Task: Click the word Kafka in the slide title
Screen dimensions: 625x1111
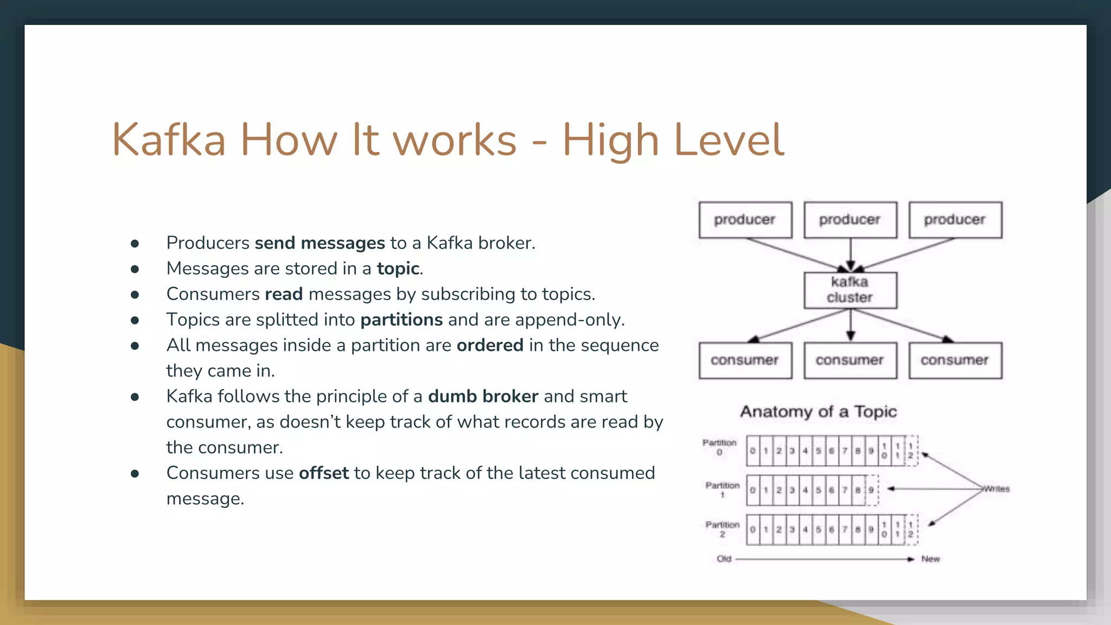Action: pyautogui.click(x=169, y=140)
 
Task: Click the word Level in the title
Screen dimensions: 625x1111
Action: pyautogui.click(x=728, y=140)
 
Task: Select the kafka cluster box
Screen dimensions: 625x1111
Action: pyautogui.click(x=850, y=290)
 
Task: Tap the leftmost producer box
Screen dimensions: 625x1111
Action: pyautogui.click(x=745, y=220)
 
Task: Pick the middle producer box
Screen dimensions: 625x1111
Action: pyautogui.click(x=850, y=220)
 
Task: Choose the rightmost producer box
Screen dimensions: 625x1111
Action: pyautogui.click(x=955, y=220)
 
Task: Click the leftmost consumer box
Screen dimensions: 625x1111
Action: pyautogui.click(x=745, y=360)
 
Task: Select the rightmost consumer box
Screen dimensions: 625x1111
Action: pyautogui.click(x=955, y=360)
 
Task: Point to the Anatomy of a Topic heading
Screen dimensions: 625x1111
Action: pyautogui.click(x=819, y=412)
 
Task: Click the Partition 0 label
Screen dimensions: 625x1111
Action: pyautogui.click(x=719, y=447)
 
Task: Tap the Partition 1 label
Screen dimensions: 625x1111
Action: pyautogui.click(x=722, y=489)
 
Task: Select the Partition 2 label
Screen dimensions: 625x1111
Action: pyautogui.click(x=722, y=529)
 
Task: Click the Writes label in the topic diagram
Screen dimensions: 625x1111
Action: pyautogui.click(x=997, y=489)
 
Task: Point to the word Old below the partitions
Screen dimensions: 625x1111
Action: pyautogui.click(x=724, y=559)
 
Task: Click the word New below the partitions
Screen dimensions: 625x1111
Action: pyautogui.click(x=930, y=559)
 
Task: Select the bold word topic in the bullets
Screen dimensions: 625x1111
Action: pyautogui.click(x=398, y=269)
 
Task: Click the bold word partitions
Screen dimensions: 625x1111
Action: pyautogui.click(x=401, y=320)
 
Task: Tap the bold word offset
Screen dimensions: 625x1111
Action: pyautogui.click(x=324, y=473)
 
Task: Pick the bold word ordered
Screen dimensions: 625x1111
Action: pyautogui.click(x=490, y=346)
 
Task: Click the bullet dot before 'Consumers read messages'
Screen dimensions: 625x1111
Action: pyautogui.click(x=135, y=295)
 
